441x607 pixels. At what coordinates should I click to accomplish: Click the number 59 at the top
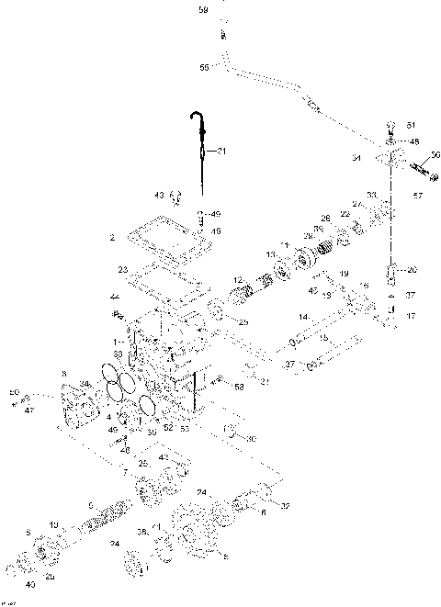pos(203,10)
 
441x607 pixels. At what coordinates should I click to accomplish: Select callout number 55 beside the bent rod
pos(204,66)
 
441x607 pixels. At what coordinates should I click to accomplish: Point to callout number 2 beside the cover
pos(111,237)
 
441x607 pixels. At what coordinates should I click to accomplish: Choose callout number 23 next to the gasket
pos(122,270)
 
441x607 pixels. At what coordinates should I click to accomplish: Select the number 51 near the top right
pos(412,124)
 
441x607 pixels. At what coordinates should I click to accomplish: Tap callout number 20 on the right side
pos(412,269)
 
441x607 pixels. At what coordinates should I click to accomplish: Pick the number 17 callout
pos(411,317)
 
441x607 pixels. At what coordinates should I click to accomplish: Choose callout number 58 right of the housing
pos(239,388)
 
